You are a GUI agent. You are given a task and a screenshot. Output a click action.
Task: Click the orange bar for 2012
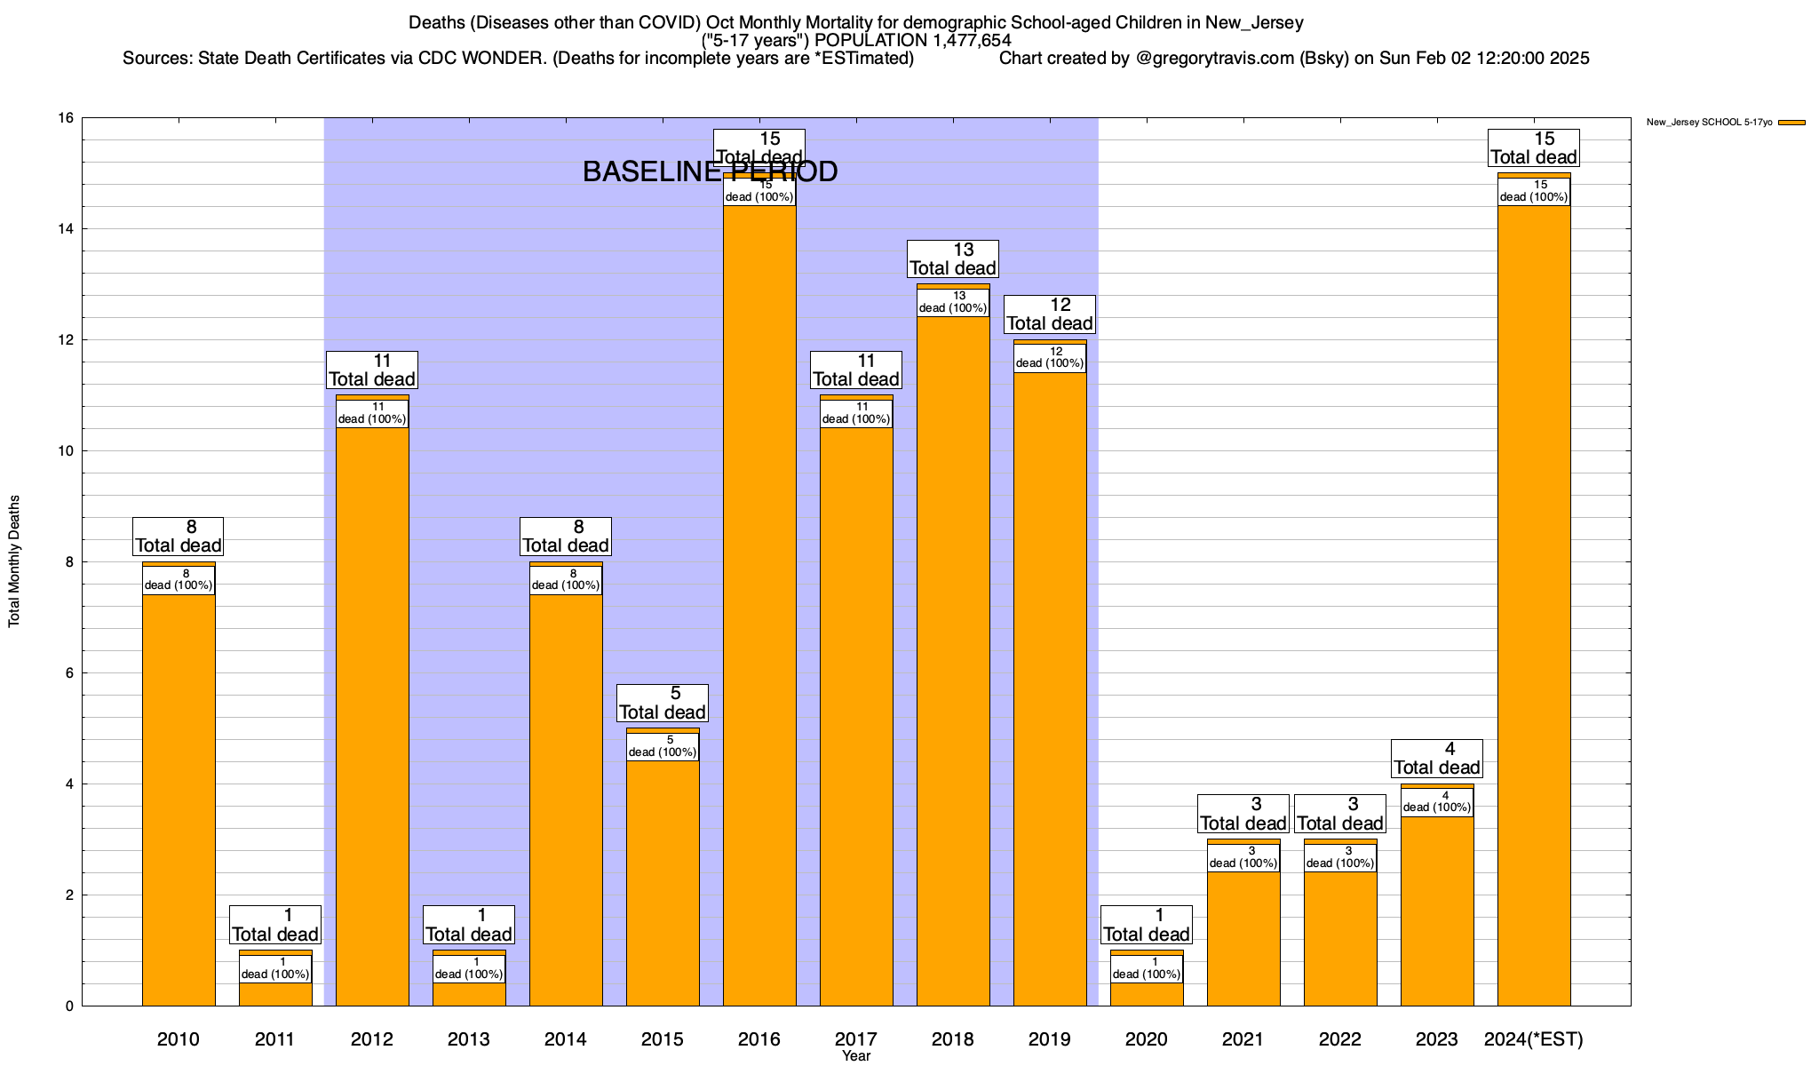(372, 711)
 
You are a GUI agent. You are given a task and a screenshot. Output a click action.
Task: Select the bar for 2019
(1050, 684)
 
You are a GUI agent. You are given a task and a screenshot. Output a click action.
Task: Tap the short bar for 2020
(1147, 994)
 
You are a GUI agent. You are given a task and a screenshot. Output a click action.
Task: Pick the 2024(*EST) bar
(1534, 604)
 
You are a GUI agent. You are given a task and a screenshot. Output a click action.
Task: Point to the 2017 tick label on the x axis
(856, 1038)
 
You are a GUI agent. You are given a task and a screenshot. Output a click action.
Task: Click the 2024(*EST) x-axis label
(1534, 1038)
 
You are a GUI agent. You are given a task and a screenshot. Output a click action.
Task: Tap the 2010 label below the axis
(179, 1038)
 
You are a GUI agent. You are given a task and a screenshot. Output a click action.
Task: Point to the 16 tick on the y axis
(67, 118)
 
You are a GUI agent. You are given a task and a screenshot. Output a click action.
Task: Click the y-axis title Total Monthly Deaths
(14, 561)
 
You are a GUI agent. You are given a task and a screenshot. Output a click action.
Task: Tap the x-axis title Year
(856, 1056)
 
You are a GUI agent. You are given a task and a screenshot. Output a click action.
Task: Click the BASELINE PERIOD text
(710, 171)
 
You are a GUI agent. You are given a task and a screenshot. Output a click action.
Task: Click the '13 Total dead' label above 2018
(953, 259)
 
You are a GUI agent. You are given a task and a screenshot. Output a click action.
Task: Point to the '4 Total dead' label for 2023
(1437, 759)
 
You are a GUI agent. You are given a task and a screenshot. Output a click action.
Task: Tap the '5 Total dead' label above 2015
(663, 704)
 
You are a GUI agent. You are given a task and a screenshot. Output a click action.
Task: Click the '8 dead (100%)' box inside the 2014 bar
(566, 580)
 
